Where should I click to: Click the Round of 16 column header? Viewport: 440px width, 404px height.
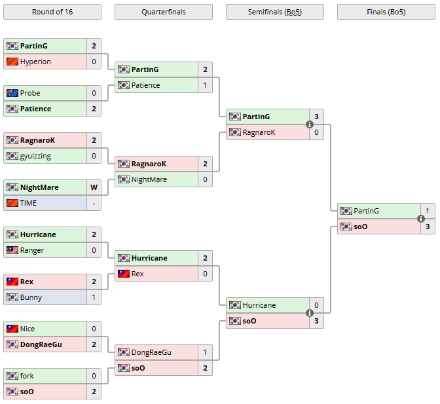click(x=52, y=12)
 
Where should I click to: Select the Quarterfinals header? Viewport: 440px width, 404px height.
click(x=163, y=12)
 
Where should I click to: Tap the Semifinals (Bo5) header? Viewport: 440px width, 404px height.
click(x=274, y=12)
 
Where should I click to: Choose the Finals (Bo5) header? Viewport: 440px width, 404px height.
click(x=386, y=12)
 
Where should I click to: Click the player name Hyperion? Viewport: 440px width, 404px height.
click(x=35, y=62)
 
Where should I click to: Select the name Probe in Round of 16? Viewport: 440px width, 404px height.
click(x=30, y=93)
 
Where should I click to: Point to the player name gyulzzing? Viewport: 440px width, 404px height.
click(x=35, y=156)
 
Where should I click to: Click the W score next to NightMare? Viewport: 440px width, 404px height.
click(x=94, y=187)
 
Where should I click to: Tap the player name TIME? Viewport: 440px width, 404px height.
click(x=29, y=203)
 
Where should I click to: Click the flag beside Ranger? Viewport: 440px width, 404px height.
click(x=12, y=250)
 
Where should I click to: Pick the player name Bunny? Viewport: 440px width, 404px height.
click(x=31, y=297)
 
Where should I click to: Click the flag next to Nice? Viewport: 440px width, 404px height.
click(x=12, y=329)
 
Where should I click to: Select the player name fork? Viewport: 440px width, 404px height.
click(x=28, y=376)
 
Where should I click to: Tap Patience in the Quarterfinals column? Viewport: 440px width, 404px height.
click(x=145, y=85)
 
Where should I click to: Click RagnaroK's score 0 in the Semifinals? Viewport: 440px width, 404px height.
click(x=316, y=132)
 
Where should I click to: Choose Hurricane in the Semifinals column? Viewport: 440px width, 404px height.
click(x=259, y=305)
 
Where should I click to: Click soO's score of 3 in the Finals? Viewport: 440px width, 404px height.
click(x=428, y=227)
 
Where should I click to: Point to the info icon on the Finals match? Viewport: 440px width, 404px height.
click(x=421, y=219)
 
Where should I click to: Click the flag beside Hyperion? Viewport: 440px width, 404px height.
click(x=12, y=62)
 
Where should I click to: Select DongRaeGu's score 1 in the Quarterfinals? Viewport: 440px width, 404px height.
click(x=205, y=352)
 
